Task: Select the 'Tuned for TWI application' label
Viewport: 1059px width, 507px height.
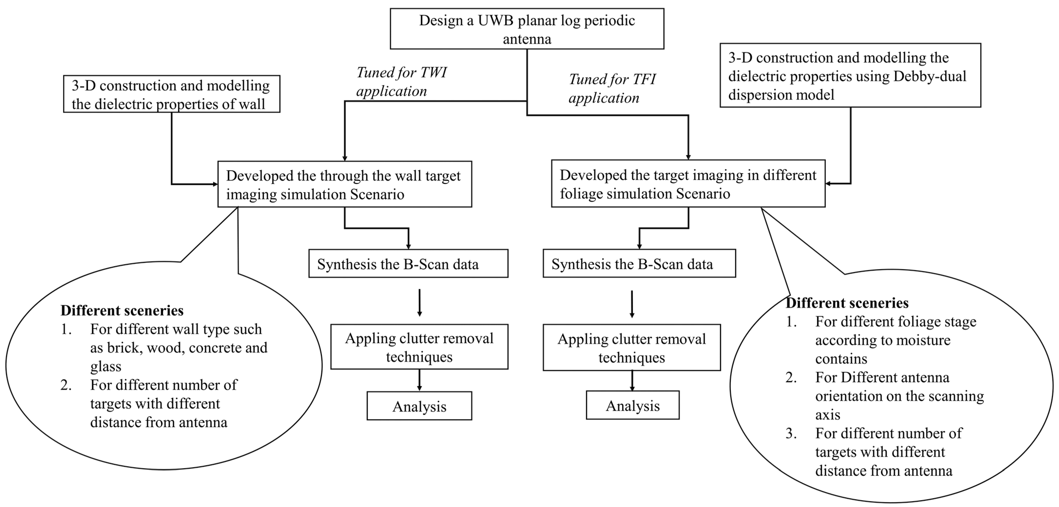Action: point(401,81)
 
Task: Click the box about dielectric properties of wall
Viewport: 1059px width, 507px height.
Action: point(172,94)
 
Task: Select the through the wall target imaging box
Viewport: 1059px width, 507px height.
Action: point(345,184)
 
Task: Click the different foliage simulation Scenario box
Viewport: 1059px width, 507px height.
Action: point(688,184)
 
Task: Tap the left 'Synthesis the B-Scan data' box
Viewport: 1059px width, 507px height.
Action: point(408,264)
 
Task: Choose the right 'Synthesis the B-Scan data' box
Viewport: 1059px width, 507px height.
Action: point(639,264)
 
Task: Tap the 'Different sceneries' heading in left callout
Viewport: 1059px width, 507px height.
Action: point(122,310)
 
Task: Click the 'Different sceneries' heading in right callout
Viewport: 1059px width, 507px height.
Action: point(847,303)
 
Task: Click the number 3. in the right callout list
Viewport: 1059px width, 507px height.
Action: point(791,433)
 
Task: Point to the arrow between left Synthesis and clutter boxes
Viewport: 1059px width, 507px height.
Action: point(419,302)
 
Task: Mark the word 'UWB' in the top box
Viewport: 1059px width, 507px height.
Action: point(495,20)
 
